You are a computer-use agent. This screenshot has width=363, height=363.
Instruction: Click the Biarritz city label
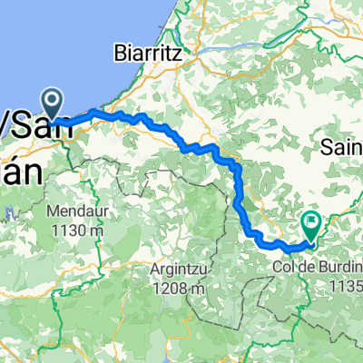pyautogui.click(x=150, y=53)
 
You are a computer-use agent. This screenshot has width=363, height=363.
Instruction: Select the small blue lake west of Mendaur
pyautogui.click(x=9, y=214)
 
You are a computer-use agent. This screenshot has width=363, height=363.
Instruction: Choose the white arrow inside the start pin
pyautogui.click(x=52, y=101)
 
